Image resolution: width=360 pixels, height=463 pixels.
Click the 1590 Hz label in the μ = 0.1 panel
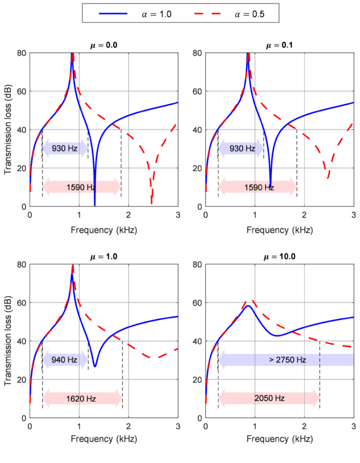[x=259, y=187]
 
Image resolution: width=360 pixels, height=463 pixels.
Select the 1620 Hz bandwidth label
[x=82, y=398]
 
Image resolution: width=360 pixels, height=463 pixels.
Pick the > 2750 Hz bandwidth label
[x=286, y=360]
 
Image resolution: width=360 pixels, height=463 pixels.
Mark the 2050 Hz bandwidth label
[x=268, y=398]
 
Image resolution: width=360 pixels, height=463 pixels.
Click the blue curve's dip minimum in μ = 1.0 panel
[x=95, y=366]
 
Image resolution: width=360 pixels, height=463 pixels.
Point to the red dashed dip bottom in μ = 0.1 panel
[x=328, y=178]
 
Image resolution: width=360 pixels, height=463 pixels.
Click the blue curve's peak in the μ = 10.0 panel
[x=248, y=306]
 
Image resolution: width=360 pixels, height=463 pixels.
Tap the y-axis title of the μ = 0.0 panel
[x=8, y=130]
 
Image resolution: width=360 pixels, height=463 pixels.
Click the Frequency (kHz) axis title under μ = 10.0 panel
[x=280, y=441]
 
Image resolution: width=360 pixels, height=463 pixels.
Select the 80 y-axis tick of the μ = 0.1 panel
[x=197, y=53]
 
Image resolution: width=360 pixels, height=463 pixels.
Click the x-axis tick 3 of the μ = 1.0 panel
[x=178, y=426]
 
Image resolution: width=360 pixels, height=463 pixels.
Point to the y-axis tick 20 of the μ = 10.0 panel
[x=197, y=380]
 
